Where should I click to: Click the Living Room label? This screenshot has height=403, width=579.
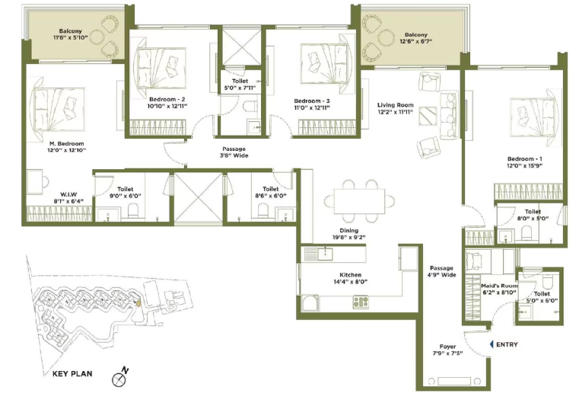pos(395,105)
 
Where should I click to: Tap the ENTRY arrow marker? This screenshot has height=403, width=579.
pos(491,344)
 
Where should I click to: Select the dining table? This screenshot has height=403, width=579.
pos(359,201)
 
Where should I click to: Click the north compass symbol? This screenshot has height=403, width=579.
pos(119,378)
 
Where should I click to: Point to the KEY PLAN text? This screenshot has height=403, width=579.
pos(72,374)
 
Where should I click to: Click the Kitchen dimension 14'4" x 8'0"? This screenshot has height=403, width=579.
pos(351,282)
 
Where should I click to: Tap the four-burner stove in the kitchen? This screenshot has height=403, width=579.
pos(361,302)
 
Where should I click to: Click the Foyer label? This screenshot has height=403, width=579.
pos(447,347)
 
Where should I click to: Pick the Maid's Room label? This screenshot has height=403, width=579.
pos(499,286)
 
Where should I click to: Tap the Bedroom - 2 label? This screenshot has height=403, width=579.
pos(167,100)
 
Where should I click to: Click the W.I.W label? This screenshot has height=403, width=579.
pos(68,194)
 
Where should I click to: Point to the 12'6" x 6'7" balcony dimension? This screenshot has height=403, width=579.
pos(415,41)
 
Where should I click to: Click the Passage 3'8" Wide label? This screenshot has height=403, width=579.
pos(234,152)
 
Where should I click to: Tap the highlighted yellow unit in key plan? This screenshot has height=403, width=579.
pos(138,303)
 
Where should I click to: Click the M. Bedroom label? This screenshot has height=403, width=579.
pos(67,143)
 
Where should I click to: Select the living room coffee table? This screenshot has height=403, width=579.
pos(428,116)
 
